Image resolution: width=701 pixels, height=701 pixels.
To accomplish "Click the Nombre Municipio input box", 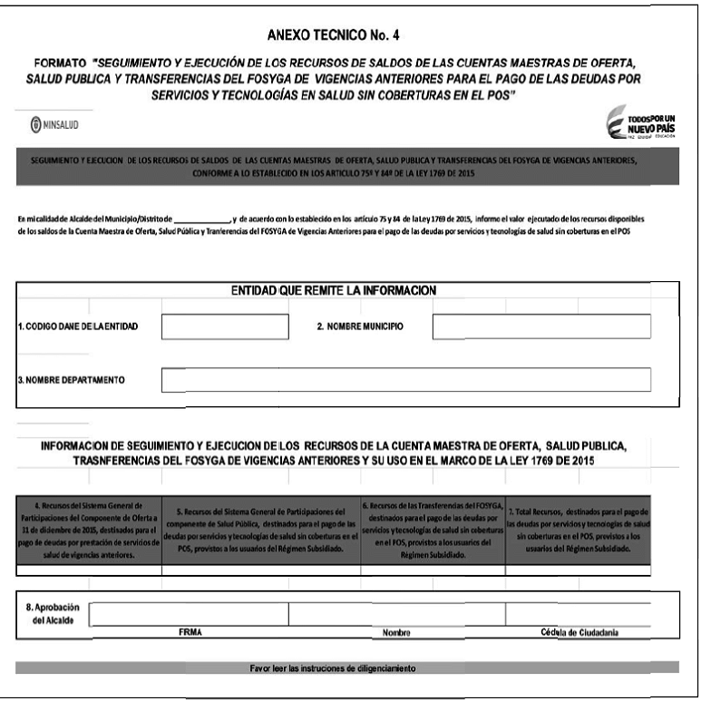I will (x=542, y=326).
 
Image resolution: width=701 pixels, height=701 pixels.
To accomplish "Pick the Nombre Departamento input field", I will (x=405, y=380).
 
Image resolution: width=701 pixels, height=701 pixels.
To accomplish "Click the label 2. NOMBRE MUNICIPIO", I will (x=360, y=326).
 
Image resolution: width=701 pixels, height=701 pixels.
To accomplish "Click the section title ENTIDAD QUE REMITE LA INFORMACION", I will (x=334, y=289).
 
